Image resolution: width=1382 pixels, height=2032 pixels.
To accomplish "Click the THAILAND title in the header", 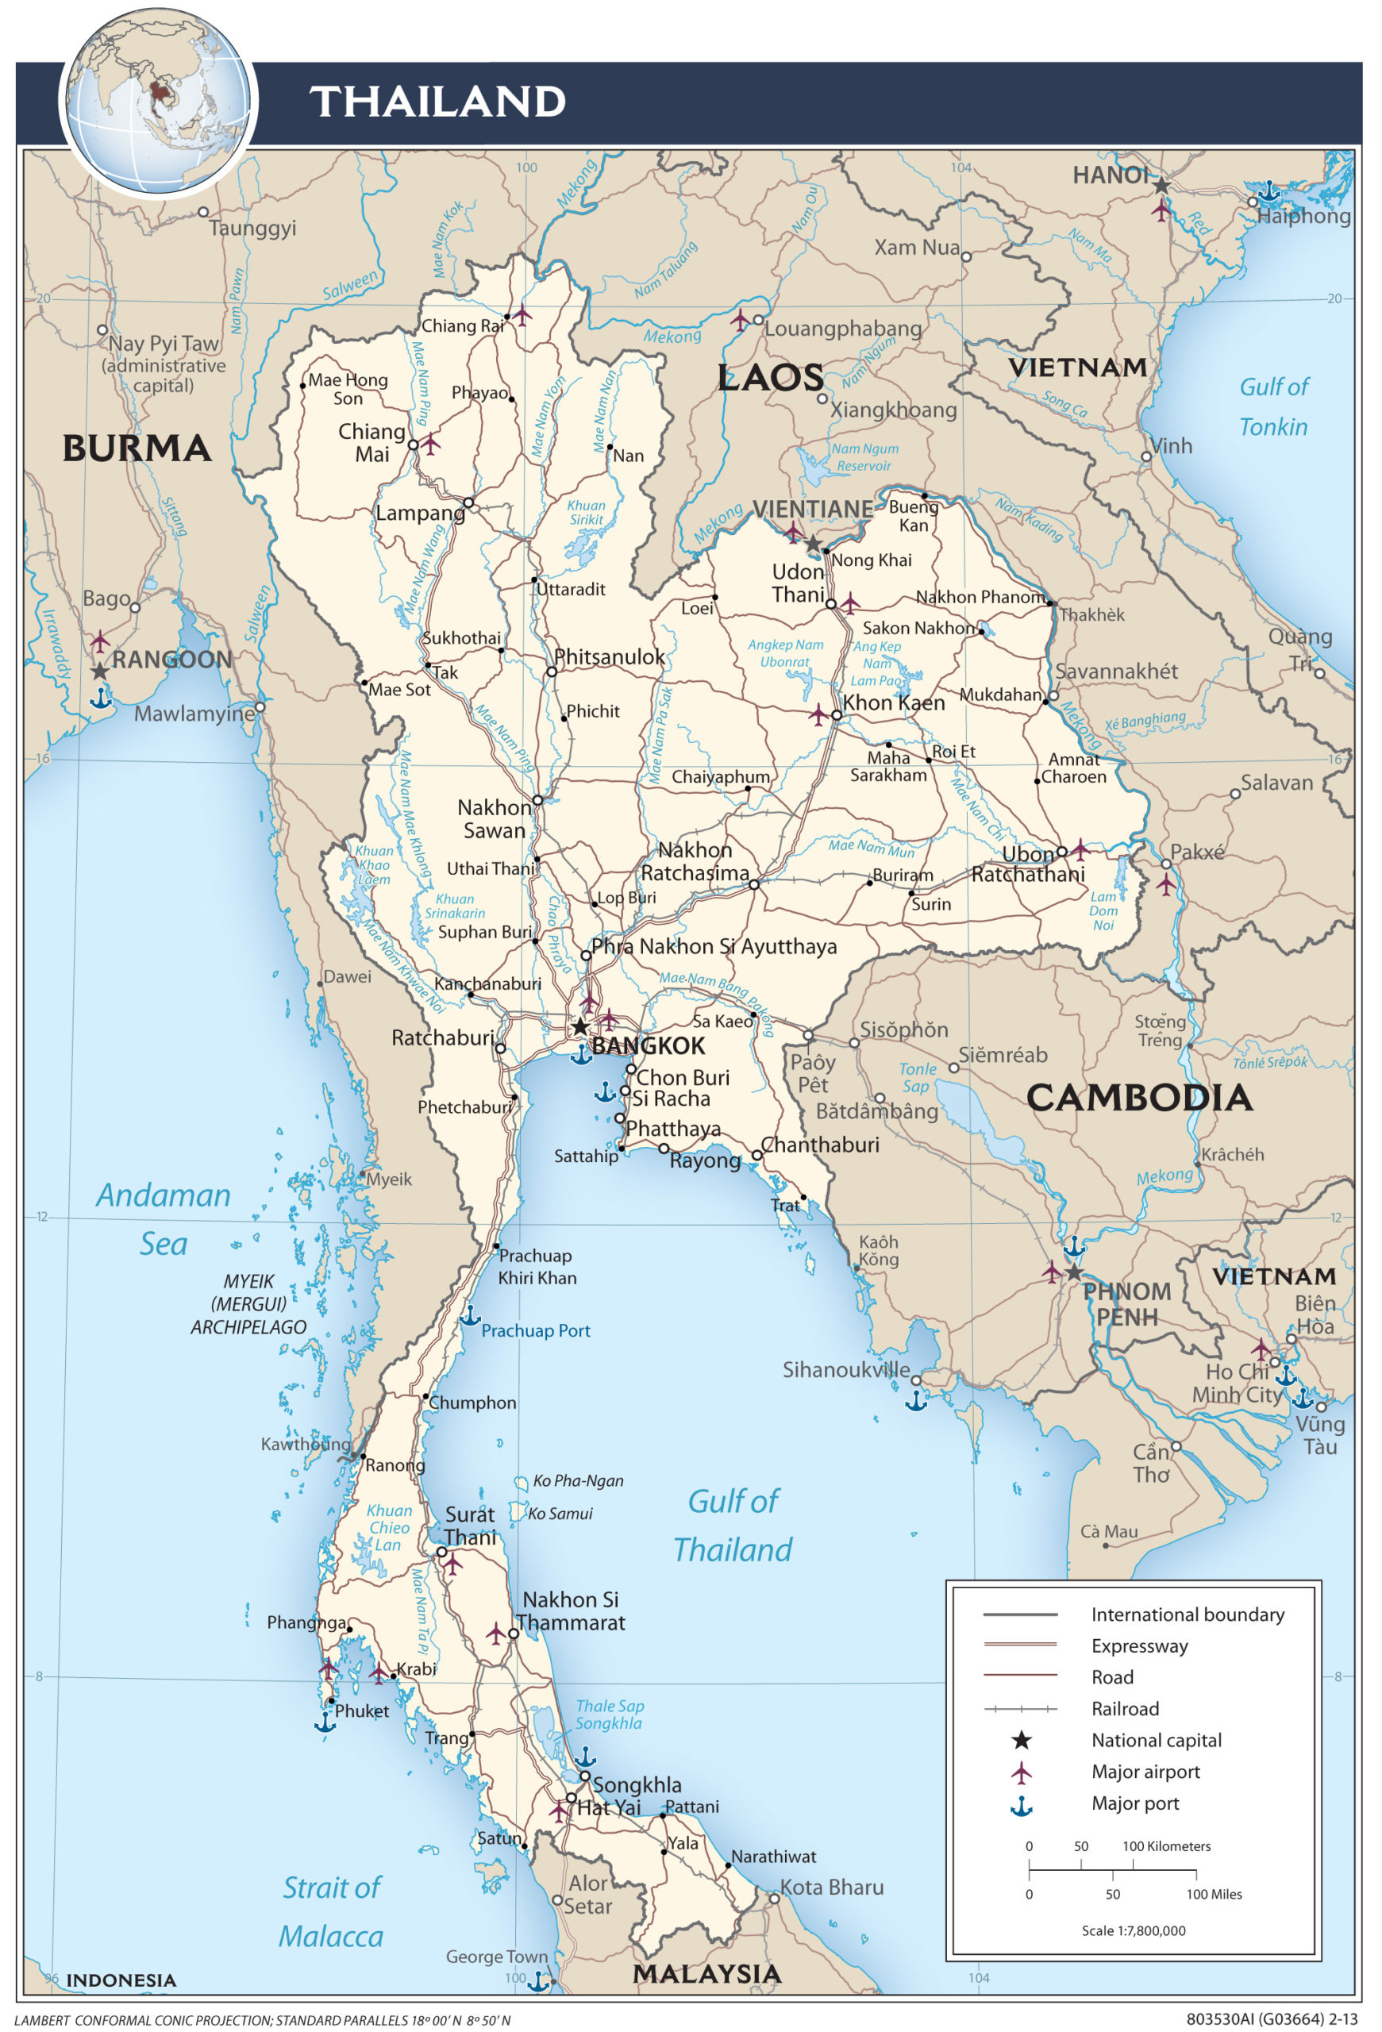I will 437,102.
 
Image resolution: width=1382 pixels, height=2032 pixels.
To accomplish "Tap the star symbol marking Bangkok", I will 580,1026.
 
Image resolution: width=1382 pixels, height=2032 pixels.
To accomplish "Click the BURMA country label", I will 137,448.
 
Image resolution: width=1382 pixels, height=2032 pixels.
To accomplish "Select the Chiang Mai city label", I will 372,442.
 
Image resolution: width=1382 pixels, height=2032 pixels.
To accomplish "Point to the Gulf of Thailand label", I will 733,1525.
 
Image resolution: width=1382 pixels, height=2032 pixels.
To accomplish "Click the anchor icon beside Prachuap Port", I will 470,1315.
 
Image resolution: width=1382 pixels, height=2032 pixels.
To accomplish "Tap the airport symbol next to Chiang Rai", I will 522,315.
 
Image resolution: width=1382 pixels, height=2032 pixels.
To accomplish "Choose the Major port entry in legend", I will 1134,1803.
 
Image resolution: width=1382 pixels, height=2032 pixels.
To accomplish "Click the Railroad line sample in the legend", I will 1020,1708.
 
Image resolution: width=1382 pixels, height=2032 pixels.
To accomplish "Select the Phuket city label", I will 362,1711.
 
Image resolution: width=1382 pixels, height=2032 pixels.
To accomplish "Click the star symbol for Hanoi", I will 1160,187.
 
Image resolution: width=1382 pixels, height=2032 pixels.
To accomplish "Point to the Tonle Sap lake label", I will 917,1077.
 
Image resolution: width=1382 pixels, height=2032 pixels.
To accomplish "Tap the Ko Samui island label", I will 560,1514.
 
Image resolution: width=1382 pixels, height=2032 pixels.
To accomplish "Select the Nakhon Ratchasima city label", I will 695,861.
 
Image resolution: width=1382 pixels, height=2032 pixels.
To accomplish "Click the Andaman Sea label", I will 164,1219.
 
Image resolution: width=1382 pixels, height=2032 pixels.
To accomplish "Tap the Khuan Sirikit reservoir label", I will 586,513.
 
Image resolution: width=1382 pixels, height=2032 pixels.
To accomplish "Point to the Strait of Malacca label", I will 331,1911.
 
